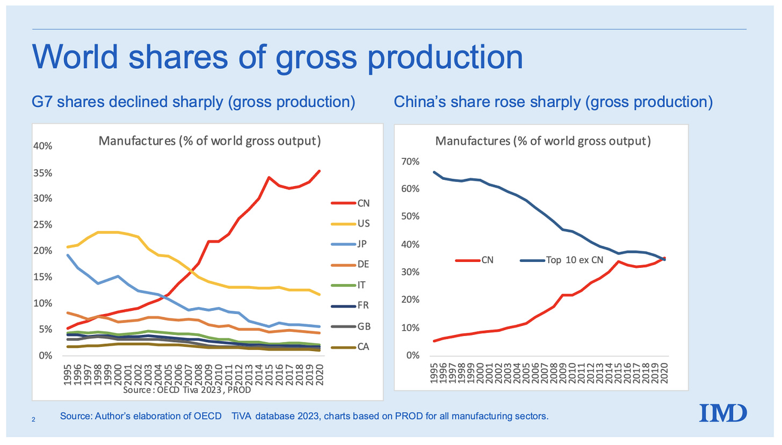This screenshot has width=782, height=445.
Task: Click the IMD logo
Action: [723, 413]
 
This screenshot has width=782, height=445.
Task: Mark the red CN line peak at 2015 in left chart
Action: [269, 177]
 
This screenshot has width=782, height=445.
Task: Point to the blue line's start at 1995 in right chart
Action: [434, 172]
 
